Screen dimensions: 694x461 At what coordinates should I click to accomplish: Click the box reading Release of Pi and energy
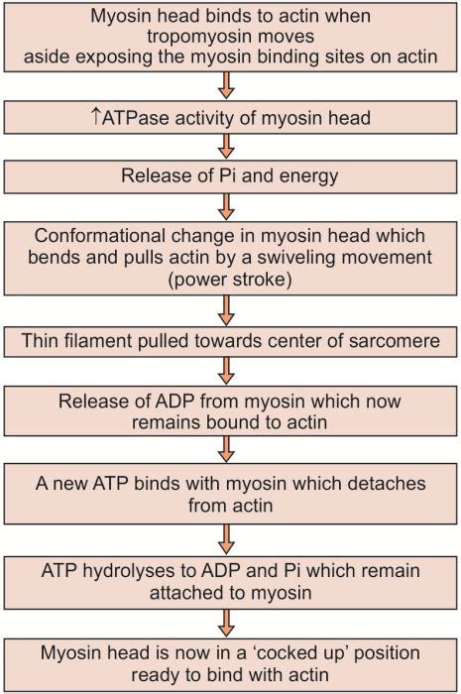pos(230,175)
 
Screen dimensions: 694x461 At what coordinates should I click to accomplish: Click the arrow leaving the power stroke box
pos(230,311)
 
